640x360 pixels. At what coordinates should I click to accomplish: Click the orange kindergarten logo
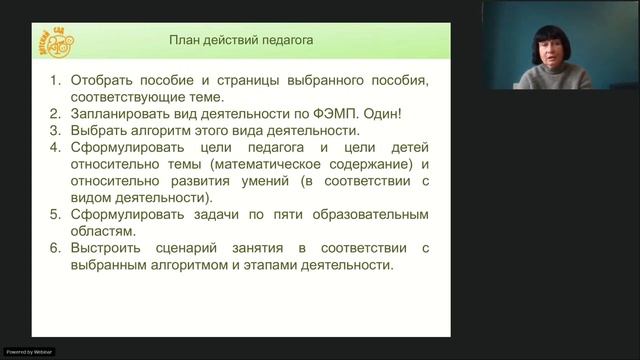coord(65,42)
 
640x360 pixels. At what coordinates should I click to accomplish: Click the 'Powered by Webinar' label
coord(29,352)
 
